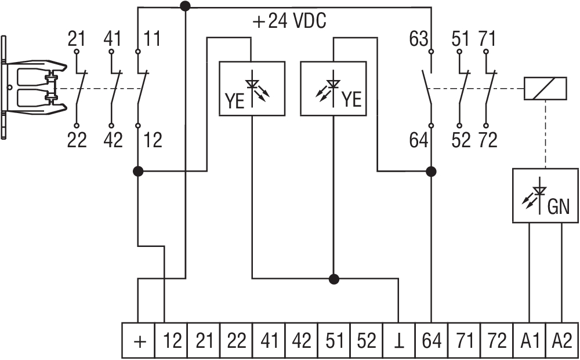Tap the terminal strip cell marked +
pyautogui.click(x=140, y=340)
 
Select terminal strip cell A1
pyautogui.click(x=530, y=340)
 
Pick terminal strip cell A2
pyautogui.click(x=562, y=340)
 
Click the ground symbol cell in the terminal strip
pyautogui.click(x=399, y=340)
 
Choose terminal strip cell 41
pyautogui.click(x=269, y=340)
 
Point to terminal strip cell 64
pyautogui.click(x=432, y=340)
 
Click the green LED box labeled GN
pyautogui.click(x=545, y=196)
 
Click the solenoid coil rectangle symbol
pyautogui.click(x=545, y=89)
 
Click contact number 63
pyautogui.click(x=418, y=40)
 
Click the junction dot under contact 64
pyautogui.click(x=431, y=172)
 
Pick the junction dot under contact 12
pyautogui.click(x=138, y=172)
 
